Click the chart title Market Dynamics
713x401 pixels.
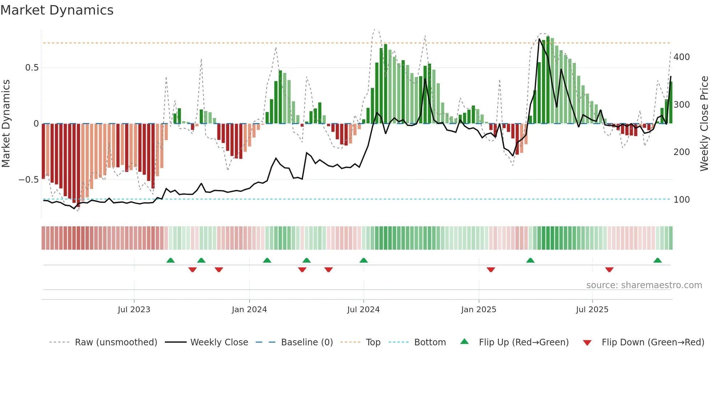point(57,10)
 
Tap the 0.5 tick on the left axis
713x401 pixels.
point(32,68)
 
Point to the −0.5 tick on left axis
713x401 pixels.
point(29,180)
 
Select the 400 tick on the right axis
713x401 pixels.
point(681,57)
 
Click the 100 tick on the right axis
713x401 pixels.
point(681,200)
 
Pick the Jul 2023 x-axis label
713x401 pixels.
point(134,310)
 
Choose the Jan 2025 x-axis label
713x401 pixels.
point(478,310)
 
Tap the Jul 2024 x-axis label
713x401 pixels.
point(363,310)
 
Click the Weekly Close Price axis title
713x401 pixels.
point(704,124)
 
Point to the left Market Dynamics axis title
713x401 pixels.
point(6,124)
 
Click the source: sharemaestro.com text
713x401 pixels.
point(644,285)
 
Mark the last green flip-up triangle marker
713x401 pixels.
point(657,261)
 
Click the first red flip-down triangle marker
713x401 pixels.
point(192,270)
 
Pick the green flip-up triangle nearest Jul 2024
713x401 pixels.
point(363,261)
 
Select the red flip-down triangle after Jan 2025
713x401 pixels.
point(491,270)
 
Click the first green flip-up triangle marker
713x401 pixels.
point(170,261)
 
